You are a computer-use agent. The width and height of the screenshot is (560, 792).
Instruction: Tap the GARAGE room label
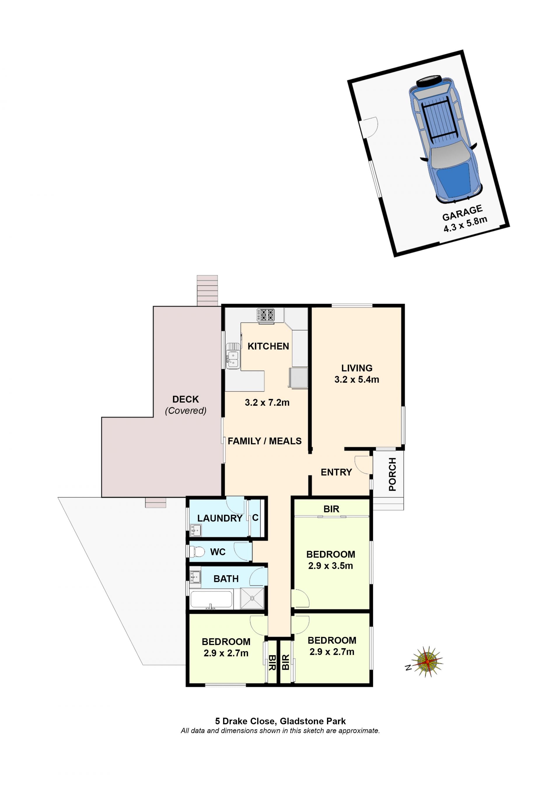tap(462, 213)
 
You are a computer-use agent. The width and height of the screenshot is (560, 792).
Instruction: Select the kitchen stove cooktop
tap(265, 315)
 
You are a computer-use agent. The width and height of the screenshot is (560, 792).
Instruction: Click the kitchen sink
tap(233, 356)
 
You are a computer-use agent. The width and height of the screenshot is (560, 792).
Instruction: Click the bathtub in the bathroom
tap(211, 599)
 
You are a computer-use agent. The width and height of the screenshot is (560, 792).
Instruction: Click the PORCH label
tap(392, 474)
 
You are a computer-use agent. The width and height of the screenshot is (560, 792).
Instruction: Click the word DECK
tap(185, 399)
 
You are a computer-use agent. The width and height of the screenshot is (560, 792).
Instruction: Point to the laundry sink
tap(195, 530)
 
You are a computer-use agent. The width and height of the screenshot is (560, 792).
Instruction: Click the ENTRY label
tap(336, 472)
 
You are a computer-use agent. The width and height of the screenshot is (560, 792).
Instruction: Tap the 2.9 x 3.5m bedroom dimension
tap(330, 566)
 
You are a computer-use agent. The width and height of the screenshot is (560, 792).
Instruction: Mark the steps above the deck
tap(207, 291)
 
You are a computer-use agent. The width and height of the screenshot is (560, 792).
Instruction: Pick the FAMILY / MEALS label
tap(265, 441)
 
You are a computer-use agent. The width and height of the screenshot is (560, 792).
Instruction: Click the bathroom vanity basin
tap(195, 576)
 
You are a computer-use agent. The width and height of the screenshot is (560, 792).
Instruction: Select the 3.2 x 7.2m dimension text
tap(267, 403)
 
